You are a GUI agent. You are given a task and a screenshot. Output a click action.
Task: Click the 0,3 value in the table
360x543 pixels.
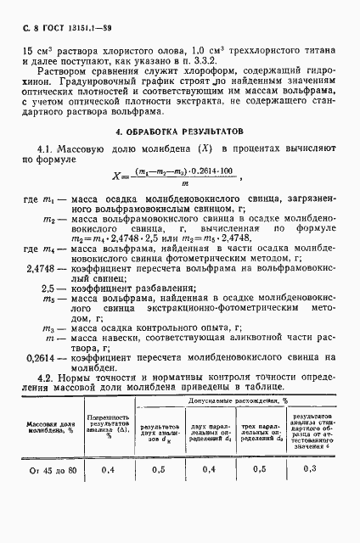click(x=309, y=468)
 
